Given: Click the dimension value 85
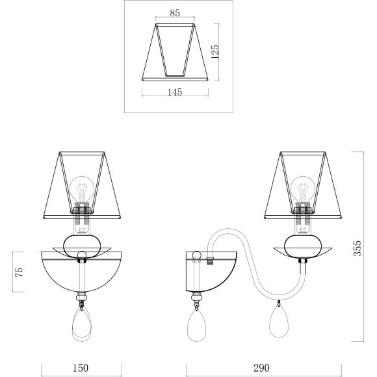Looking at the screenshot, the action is (x=175, y=13).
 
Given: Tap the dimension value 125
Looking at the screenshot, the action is (x=215, y=52).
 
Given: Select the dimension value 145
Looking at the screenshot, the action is (x=175, y=92).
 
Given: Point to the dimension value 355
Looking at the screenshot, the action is (x=357, y=248).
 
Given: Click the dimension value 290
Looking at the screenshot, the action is (x=261, y=368).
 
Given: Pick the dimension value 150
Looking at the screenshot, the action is (x=81, y=368).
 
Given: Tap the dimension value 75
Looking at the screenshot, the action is (x=19, y=272).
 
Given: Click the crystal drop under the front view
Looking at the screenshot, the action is (x=82, y=324).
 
